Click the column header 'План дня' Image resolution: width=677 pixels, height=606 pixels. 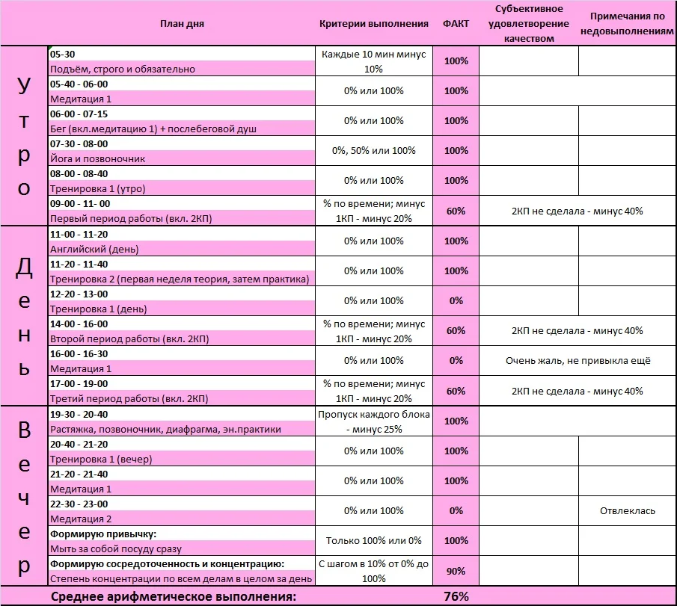point(182,23)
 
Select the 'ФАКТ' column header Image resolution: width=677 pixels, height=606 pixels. point(456,23)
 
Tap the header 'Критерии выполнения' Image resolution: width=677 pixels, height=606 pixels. point(373,23)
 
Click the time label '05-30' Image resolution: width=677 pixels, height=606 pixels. point(62,55)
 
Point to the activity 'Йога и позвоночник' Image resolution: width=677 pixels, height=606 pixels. point(97,158)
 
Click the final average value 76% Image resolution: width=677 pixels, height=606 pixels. point(456,596)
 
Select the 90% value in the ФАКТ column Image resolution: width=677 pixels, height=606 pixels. point(456,571)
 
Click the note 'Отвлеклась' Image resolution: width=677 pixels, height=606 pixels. point(627,511)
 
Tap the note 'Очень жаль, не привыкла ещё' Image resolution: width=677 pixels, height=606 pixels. point(578,361)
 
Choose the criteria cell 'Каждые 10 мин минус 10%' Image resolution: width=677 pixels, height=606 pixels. point(373,61)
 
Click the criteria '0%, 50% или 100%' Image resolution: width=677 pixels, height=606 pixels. point(373,151)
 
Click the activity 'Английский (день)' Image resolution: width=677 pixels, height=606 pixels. point(94,249)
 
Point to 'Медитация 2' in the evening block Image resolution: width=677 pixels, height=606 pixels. point(81,519)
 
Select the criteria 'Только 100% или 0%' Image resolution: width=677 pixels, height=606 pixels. point(373,541)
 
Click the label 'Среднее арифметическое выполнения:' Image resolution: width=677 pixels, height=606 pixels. point(173,596)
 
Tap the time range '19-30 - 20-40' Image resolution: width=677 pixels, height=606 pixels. point(79,414)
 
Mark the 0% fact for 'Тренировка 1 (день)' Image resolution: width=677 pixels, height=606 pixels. point(456,301)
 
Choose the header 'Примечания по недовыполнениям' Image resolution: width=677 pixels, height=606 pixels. point(627,23)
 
